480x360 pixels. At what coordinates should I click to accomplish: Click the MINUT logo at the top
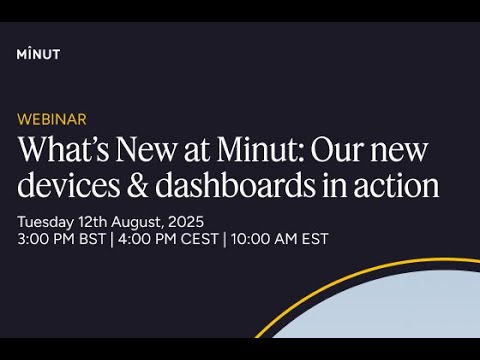[38, 53]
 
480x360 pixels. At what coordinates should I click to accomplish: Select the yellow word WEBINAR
[51, 119]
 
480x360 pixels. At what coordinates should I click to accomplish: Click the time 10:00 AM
[265, 239]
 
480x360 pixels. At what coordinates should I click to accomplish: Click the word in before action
[336, 186]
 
